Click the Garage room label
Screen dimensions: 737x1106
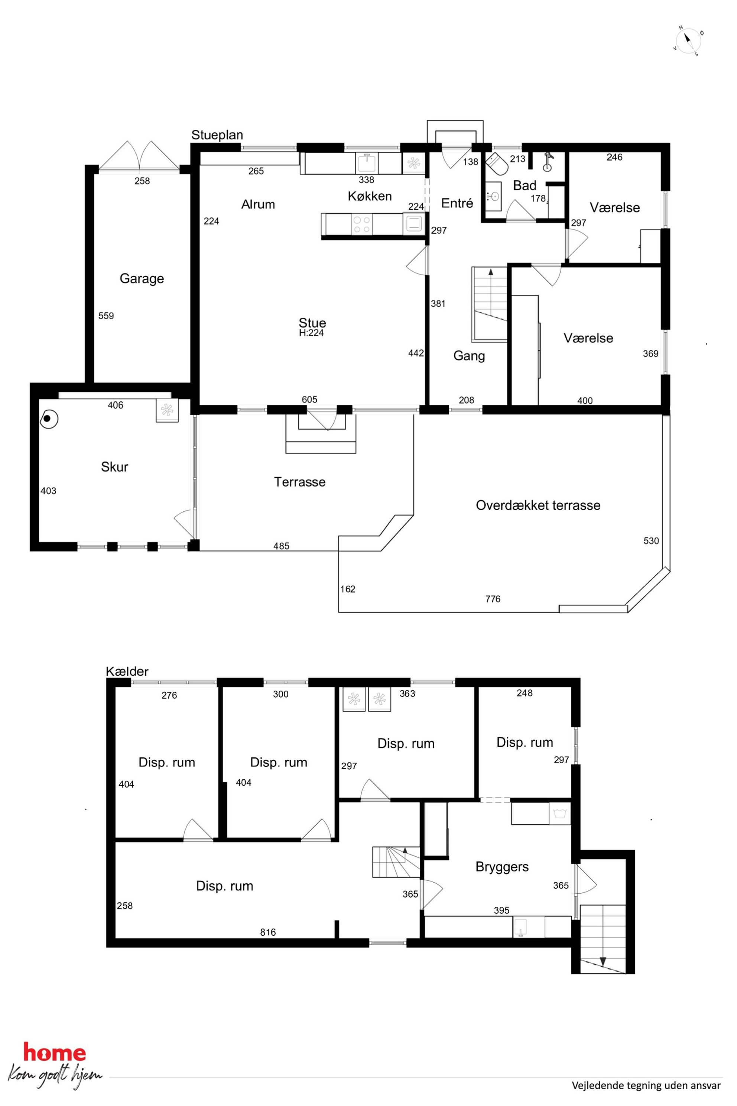pos(142,279)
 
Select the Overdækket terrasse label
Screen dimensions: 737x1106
pos(538,505)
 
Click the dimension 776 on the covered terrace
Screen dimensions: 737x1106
pos(493,599)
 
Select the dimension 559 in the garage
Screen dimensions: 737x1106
pos(106,316)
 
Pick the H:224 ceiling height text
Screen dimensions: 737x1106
pos(311,333)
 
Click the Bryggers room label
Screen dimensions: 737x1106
pos(502,867)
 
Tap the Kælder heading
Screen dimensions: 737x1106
pos(127,671)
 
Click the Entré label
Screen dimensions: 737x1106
pos(457,203)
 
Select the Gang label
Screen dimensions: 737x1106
pos(469,356)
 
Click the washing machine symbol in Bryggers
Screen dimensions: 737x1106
pos(560,814)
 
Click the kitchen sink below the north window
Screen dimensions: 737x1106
pos(367,164)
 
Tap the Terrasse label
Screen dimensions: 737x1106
pos(299,482)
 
